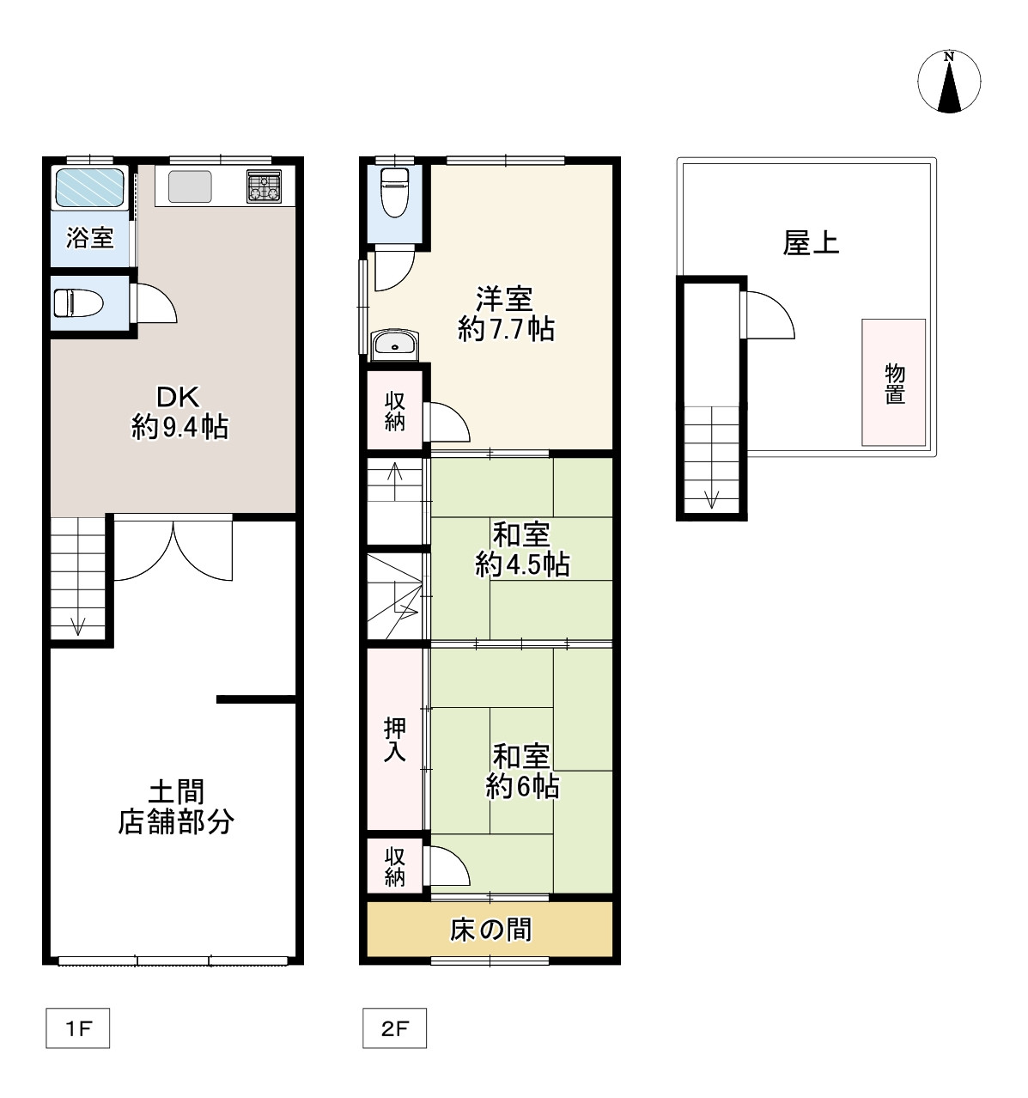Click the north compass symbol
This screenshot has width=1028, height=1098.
[949, 82]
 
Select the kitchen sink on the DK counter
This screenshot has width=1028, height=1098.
[190, 186]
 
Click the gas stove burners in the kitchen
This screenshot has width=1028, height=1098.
[264, 186]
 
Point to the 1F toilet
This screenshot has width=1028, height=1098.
[79, 303]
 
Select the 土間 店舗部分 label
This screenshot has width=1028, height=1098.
[175, 805]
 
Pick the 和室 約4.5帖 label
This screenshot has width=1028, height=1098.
[520, 549]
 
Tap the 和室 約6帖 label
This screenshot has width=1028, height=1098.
[521, 771]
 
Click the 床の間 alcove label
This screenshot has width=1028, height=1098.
[490, 929]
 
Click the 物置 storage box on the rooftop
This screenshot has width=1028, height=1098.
[894, 382]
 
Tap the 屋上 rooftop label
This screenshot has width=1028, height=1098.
[810, 243]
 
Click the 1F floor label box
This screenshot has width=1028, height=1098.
[77, 1028]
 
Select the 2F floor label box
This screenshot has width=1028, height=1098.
[393, 1028]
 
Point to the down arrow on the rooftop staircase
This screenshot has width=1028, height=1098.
[711, 498]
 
